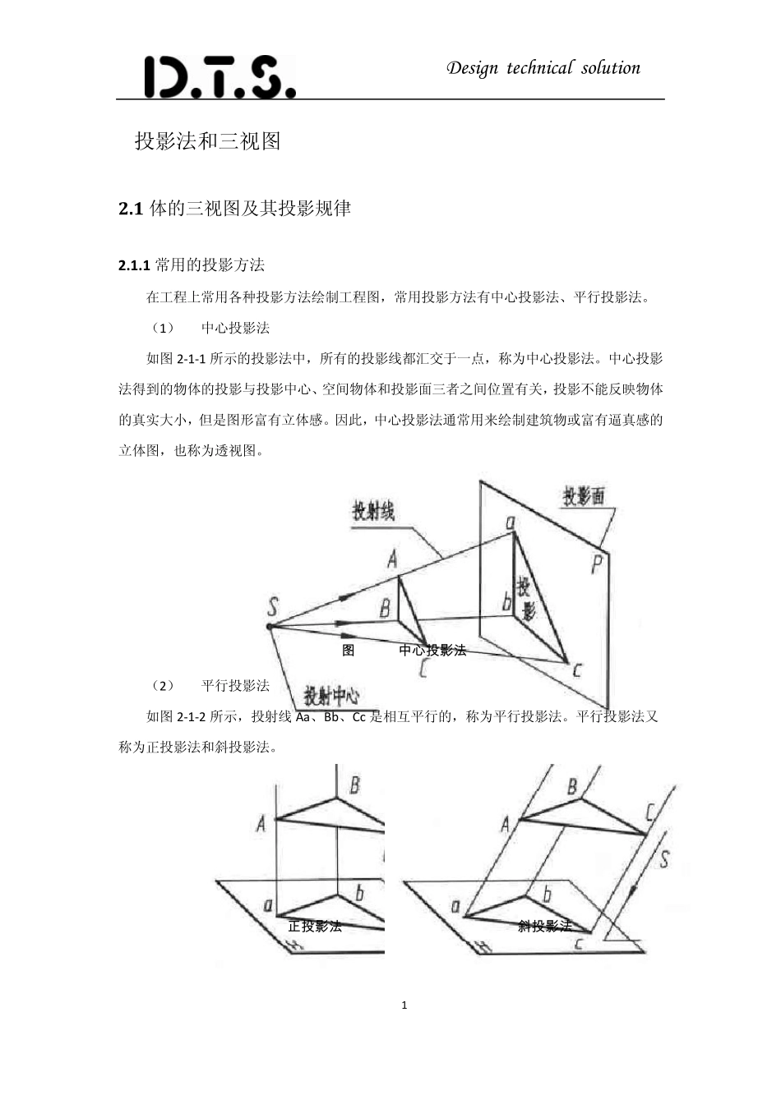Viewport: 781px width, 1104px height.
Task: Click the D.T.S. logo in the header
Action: (219, 77)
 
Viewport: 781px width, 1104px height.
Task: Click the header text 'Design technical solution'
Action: (543, 68)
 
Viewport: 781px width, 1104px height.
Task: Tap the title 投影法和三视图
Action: (208, 141)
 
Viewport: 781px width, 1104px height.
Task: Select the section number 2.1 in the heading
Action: (131, 209)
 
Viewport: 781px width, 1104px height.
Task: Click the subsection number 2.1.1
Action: (134, 265)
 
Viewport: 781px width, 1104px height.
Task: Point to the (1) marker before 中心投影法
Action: (163, 328)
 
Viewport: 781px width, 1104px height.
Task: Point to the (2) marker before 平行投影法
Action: (163, 686)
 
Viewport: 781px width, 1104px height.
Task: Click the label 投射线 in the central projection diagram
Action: (373, 511)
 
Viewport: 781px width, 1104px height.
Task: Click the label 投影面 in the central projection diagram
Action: (584, 495)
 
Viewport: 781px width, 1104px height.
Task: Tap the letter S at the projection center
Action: (273, 607)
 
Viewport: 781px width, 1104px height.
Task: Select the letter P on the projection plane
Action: (598, 564)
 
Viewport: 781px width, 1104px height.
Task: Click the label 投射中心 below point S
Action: (331, 697)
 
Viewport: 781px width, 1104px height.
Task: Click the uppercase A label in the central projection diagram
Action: (393, 559)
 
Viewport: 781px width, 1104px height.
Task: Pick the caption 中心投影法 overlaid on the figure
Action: (432, 651)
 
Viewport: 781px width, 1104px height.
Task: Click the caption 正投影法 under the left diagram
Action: (315, 927)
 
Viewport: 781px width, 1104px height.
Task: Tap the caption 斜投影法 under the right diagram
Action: (544, 927)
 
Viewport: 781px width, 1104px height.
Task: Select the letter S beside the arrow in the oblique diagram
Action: (663, 859)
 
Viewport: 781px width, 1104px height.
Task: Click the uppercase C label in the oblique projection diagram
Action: (649, 812)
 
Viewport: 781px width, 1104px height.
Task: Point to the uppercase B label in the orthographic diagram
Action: (355, 784)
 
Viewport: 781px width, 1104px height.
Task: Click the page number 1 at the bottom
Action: (404, 1005)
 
